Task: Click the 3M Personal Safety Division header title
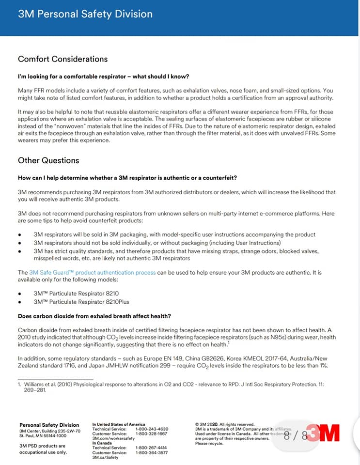(85, 14)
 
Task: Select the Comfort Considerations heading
(63, 59)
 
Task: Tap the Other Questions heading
(48, 160)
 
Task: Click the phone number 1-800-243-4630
(152, 429)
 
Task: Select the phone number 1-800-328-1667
(152, 434)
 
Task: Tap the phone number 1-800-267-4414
(152, 448)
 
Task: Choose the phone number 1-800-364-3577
(152, 452)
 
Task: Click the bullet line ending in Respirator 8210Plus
(80, 302)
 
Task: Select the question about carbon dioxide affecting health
(94, 316)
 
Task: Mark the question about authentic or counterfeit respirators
(127, 178)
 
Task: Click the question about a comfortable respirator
(103, 77)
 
